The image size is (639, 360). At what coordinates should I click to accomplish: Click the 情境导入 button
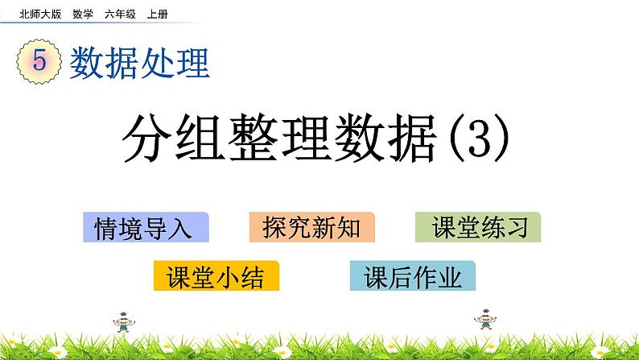click(146, 228)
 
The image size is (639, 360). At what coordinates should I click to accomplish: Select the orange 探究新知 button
click(312, 228)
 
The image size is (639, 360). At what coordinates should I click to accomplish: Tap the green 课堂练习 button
click(479, 228)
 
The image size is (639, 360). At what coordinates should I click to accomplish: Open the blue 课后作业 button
click(413, 276)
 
